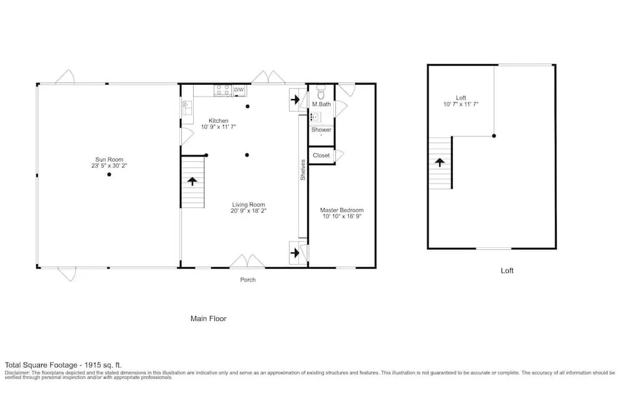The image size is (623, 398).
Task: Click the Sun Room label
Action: [x=109, y=159]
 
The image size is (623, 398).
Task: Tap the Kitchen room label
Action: [x=219, y=121]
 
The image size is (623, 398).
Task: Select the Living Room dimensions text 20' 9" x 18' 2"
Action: [x=249, y=211]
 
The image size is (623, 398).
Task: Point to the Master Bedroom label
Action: [x=341, y=210]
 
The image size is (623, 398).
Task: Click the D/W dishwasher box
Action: [x=239, y=90]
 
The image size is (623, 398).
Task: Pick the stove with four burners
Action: [x=223, y=90]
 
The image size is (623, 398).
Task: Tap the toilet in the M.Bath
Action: [x=321, y=93]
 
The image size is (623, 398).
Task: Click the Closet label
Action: [x=321, y=155]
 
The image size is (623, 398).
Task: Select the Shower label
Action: [x=321, y=130]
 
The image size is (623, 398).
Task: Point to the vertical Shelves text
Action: [x=303, y=170]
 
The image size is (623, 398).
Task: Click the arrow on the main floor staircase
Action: [x=193, y=181]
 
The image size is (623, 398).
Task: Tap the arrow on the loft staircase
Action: [x=439, y=162]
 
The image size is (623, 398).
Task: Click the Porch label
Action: [x=248, y=280]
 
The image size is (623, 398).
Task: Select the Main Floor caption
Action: [x=208, y=318]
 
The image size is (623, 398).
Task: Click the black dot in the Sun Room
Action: [x=109, y=174]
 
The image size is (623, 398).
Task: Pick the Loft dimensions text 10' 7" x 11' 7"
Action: [x=461, y=104]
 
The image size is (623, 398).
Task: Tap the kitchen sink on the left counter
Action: [x=187, y=108]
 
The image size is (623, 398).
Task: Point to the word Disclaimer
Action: [x=17, y=373]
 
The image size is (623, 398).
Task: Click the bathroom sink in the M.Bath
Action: [x=315, y=116]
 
